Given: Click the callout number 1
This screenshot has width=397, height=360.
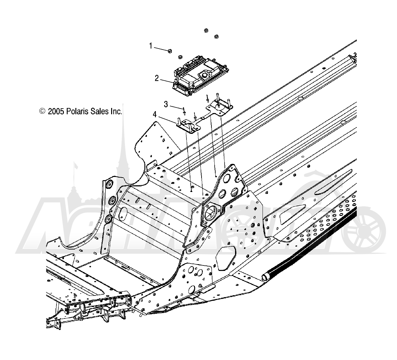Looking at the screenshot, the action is [151, 46].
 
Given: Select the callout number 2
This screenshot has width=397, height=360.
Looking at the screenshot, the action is [157, 78].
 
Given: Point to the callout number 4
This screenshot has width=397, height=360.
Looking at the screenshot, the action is [154, 114].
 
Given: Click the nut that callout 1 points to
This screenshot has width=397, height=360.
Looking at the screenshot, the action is [169, 51].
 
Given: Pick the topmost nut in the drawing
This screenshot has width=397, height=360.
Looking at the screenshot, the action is [206, 30].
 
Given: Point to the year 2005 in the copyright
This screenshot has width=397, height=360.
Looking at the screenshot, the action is [56, 111].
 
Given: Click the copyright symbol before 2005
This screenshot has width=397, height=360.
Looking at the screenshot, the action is [42, 111].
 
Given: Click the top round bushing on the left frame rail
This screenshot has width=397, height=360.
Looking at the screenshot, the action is [109, 185].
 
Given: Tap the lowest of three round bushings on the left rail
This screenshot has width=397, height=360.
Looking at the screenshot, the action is [109, 218].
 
